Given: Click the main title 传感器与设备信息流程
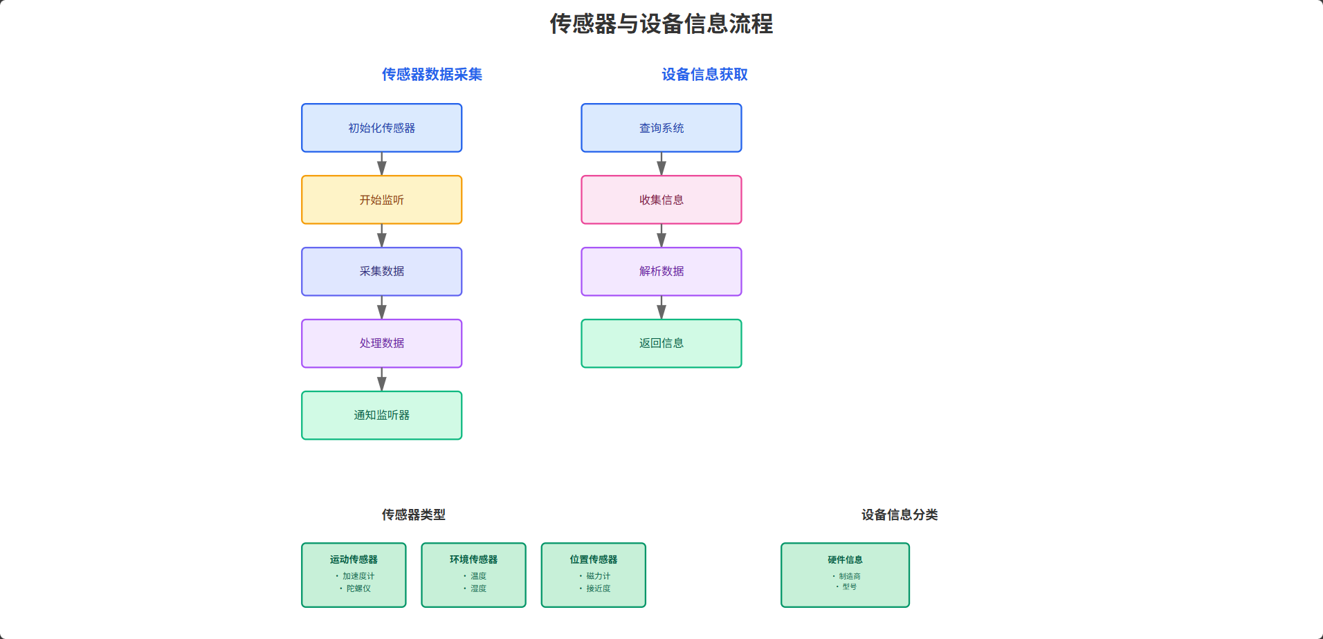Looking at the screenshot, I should (x=661, y=24).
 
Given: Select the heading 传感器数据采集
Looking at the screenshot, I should (x=432, y=75).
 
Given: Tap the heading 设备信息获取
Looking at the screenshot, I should (x=704, y=75).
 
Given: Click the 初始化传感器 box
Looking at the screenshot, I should (x=381, y=128).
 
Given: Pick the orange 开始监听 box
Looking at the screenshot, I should (x=381, y=200).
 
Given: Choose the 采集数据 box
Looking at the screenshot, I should (x=381, y=272).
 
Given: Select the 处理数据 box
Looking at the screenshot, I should (x=381, y=344).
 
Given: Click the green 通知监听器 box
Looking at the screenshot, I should (x=381, y=416).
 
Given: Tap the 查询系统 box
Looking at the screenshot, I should (x=661, y=128).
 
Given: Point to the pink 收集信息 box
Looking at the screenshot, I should (x=661, y=200).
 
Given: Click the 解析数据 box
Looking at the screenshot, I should (x=661, y=272).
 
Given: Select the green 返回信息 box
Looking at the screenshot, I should (x=661, y=344).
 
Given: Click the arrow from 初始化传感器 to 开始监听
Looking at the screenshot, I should (x=381, y=164).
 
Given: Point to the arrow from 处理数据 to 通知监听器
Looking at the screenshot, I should (x=381, y=380).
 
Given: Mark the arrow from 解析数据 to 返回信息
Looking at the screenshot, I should (x=661, y=308).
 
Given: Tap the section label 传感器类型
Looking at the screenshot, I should (x=413, y=515).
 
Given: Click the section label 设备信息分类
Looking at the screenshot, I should (x=899, y=515).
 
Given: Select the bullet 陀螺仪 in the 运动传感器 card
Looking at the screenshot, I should (x=358, y=589).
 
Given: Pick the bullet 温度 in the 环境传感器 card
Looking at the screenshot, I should (x=478, y=576).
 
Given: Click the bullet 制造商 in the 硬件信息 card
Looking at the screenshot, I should (x=849, y=576).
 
